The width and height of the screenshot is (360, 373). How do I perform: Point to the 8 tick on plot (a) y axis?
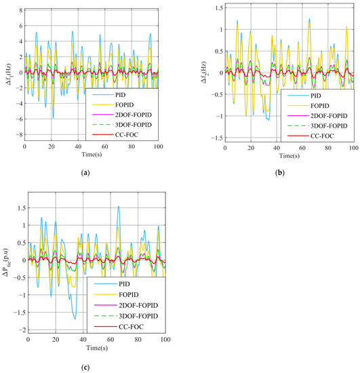[20, 12]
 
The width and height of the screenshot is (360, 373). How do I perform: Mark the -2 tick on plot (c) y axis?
[18, 330]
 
